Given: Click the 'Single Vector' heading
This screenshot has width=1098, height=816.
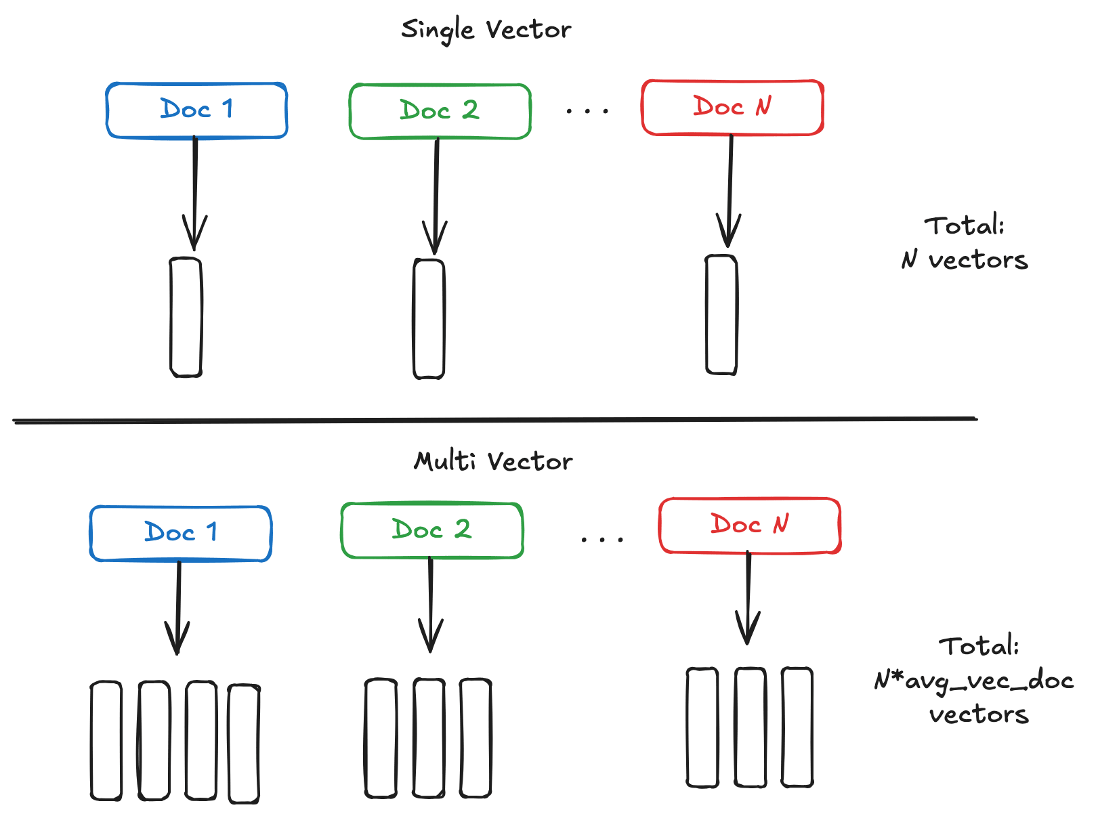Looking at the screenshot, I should click(x=486, y=30).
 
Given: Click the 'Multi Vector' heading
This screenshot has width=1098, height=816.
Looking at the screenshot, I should click(x=492, y=461).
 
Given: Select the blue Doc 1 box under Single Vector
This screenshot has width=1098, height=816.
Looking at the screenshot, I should click(x=196, y=110).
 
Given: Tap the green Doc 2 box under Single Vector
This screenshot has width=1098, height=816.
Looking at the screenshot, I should click(x=440, y=111).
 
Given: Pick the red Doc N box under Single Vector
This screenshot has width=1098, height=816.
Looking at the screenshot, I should click(x=732, y=108).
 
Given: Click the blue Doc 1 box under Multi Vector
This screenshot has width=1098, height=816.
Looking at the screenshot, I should click(x=180, y=533).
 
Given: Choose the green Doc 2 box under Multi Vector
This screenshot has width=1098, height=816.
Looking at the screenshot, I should click(x=431, y=530).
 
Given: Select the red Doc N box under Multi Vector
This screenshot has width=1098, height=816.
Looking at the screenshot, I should click(x=749, y=525).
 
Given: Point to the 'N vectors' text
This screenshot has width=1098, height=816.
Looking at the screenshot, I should click(x=965, y=260).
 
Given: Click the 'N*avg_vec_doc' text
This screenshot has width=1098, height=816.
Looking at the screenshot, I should click(x=973, y=680).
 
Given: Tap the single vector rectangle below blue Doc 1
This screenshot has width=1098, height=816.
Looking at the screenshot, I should click(x=186, y=317).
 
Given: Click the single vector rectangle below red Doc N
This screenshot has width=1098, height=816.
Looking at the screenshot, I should click(x=721, y=315).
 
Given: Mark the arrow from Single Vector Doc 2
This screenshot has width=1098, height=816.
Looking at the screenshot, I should click(x=436, y=196).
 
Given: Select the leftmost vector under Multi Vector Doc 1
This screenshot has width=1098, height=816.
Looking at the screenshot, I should click(x=106, y=741).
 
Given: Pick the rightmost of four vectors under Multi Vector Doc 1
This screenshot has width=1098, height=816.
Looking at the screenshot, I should click(x=244, y=744).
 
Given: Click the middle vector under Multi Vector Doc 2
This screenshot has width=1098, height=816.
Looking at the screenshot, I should click(x=429, y=738).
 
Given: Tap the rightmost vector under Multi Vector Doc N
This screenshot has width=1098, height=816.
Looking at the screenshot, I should click(x=797, y=727).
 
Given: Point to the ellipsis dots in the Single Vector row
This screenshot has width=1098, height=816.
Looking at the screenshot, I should click(x=587, y=110).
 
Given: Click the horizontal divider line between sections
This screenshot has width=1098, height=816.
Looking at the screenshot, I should click(x=494, y=421).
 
